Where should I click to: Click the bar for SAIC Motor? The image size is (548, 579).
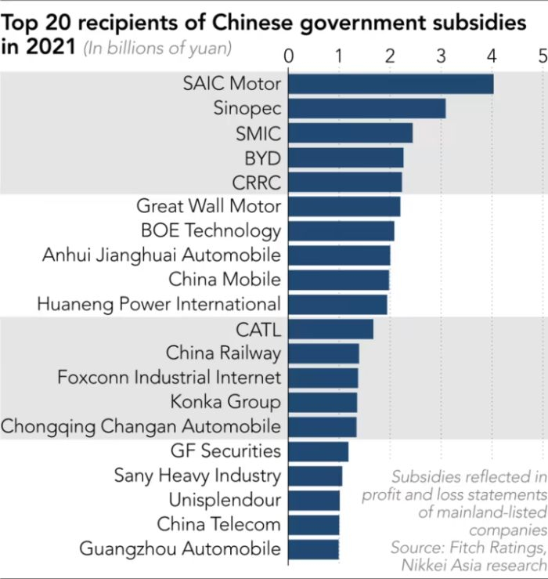tap(391, 84)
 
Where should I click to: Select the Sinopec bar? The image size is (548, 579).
tap(366, 108)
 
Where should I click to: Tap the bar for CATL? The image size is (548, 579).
tap(330, 328)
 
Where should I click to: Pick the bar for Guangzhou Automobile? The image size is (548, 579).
tap(313, 548)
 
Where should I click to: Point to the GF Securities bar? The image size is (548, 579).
tap(318, 451)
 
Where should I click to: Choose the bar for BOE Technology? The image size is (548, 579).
tap(341, 230)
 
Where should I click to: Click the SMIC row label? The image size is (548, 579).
tap(258, 133)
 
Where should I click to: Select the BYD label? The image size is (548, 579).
tap(262, 157)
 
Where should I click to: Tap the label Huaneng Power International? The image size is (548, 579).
tap(158, 304)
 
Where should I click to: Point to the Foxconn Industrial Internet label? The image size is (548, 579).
tap(168, 378)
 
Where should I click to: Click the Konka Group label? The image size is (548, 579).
tap(225, 402)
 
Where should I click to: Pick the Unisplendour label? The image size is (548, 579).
tap(225, 500)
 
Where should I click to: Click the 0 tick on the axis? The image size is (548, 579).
tap(289, 56)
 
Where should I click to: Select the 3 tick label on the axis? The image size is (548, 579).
tap(441, 56)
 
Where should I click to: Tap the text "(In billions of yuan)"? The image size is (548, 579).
tap(157, 49)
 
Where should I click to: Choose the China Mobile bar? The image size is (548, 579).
tap(338, 280)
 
